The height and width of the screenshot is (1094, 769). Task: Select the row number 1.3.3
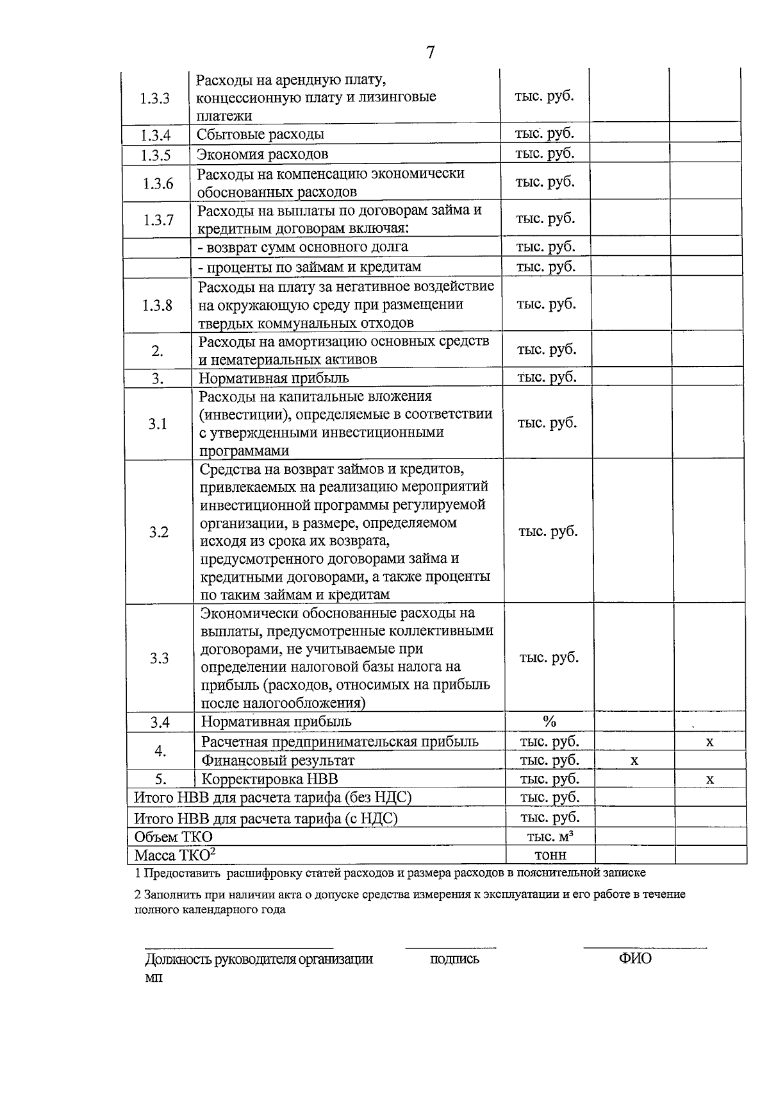[x=155, y=99]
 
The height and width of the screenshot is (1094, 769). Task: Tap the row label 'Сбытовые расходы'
[x=260, y=135]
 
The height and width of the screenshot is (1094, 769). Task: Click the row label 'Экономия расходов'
[x=262, y=155]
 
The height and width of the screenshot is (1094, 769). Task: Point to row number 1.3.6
[x=158, y=184]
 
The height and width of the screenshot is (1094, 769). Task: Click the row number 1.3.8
[x=157, y=305]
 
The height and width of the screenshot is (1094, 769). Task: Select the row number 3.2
[x=158, y=532]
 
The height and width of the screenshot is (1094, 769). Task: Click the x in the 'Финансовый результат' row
[x=634, y=761]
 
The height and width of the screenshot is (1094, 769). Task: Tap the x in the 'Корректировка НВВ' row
[x=709, y=780]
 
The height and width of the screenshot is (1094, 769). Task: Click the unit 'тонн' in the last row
[x=550, y=855]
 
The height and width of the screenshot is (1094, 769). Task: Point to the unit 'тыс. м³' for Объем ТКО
[x=549, y=837]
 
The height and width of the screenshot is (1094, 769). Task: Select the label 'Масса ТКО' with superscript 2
[x=174, y=855]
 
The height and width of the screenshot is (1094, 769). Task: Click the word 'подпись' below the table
[x=454, y=959]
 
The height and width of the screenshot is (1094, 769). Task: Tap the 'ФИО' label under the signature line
[x=634, y=959]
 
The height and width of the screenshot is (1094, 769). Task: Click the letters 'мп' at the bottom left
[x=154, y=978]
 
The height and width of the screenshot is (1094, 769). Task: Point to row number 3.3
[x=159, y=659]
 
